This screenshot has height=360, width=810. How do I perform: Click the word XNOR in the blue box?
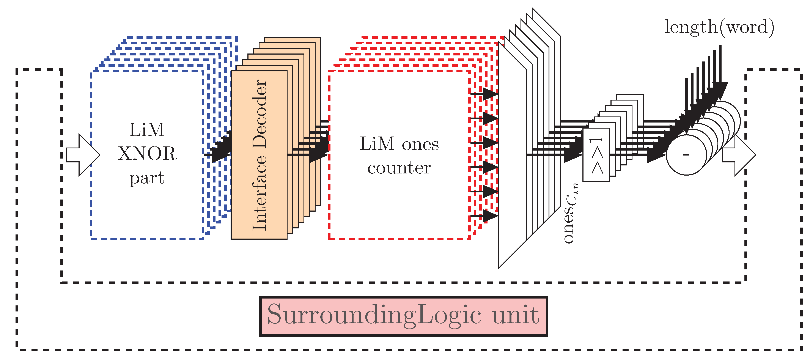coord(147,154)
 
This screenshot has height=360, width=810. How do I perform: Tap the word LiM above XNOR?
coord(147,130)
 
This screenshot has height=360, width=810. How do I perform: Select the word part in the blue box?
coord(147,178)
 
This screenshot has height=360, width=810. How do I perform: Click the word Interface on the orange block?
coord(260,193)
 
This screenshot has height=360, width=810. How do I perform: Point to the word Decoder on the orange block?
coord(260,114)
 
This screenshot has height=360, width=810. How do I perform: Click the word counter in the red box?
coord(399,168)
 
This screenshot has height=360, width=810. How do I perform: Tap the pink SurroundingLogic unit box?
coord(403,316)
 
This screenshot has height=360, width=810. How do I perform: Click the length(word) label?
coord(719,27)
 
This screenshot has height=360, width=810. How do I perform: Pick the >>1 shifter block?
coord(596,155)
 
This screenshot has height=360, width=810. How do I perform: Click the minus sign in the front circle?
coord(686,155)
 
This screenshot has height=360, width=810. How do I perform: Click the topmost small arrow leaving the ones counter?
coord(489,94)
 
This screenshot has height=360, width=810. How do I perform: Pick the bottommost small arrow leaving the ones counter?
coord(489,216)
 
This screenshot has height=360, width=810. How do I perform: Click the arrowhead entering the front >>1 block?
coord(573,155)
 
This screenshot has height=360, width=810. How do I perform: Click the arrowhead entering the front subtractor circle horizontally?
coord(657,155)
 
